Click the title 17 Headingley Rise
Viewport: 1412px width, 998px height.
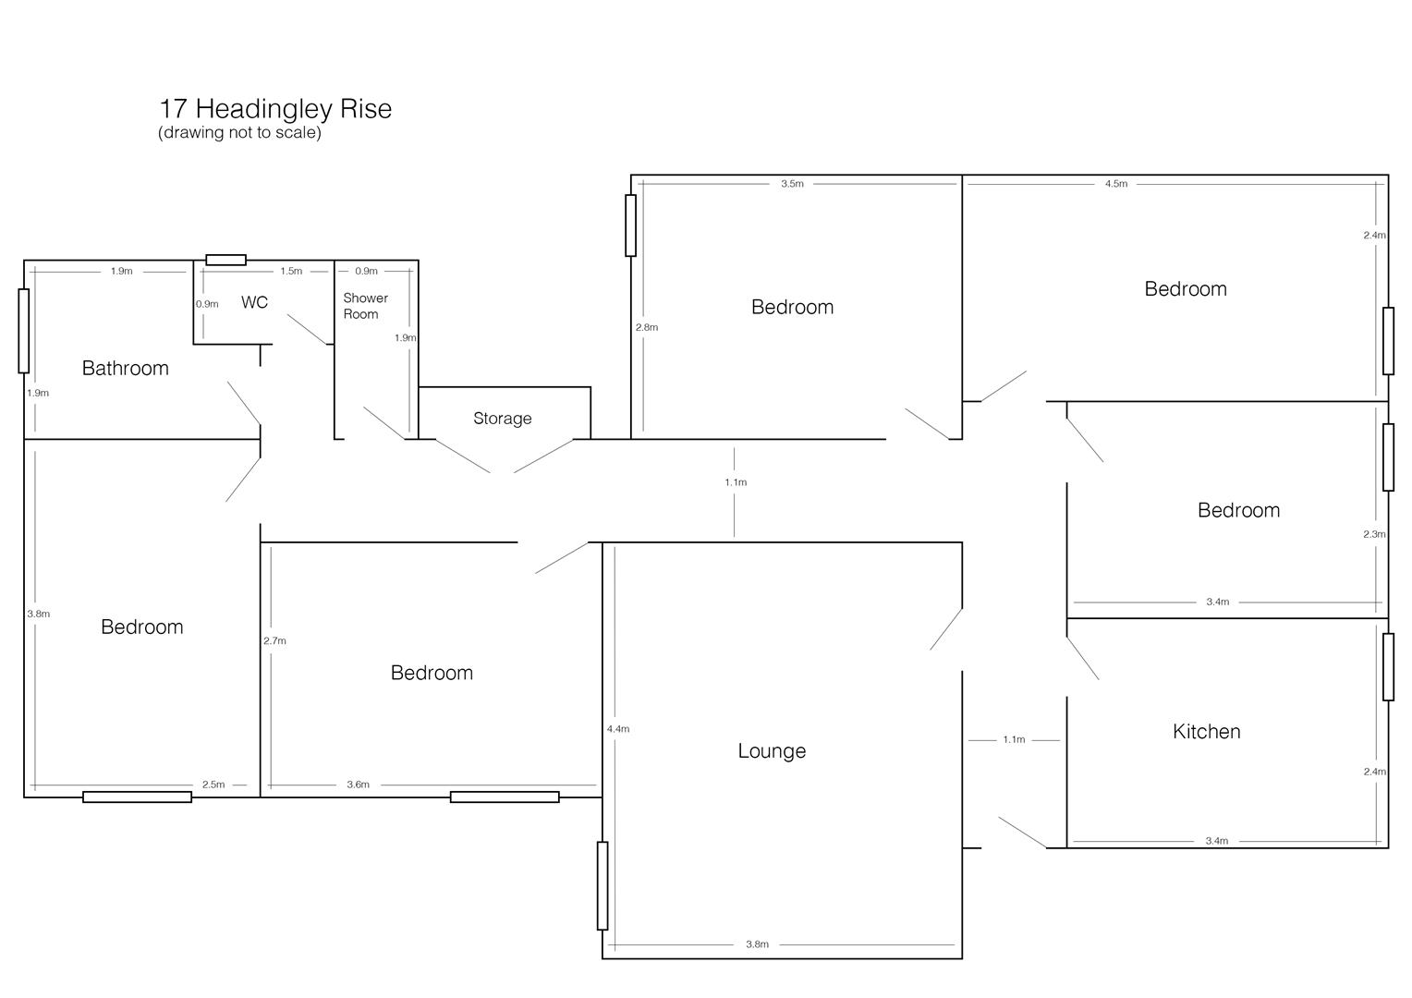point(275,109)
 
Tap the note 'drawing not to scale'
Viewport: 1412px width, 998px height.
point(239,132)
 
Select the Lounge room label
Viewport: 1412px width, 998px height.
point(772,751)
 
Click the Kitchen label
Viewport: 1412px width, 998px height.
point(1206,732)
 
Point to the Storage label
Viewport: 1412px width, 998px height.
point(502,419)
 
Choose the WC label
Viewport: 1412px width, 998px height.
point(254,303)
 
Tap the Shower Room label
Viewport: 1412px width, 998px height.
point(365,306)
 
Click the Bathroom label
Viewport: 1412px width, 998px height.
point(126,369)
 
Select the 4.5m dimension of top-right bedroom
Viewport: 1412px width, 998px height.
point(1116,184)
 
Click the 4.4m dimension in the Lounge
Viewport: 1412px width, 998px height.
point(618,729)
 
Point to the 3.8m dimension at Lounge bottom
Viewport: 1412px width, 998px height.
point(757,944)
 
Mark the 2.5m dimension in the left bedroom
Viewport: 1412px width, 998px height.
point(213,785)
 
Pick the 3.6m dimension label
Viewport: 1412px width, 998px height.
point(358,785)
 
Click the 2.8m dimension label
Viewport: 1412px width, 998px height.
point(647,327)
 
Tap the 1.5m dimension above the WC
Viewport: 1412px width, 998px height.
point(291,272)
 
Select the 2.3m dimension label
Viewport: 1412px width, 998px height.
point(1374,534)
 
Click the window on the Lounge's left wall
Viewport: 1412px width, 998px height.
point(603,885)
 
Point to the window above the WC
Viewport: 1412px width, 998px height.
point(225,260)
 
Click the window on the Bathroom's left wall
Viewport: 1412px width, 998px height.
point(24,331)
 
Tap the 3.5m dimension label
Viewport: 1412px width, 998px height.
point(792,184)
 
